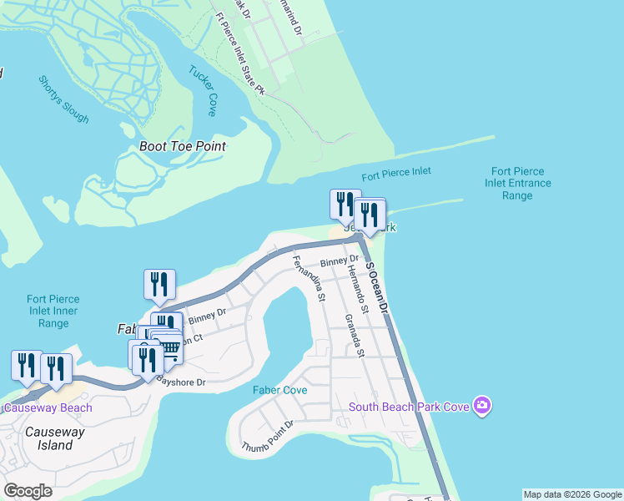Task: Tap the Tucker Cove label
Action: (x=203, y=89)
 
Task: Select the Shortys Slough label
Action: (x=63, y=99)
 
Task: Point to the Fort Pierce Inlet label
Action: (x=396, y=175)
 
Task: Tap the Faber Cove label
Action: (x=280, y=390)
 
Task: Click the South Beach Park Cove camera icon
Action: (x=481, y=407)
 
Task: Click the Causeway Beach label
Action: (x=48, y=408)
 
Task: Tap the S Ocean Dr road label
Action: (x=378, y=286)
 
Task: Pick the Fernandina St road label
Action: (x=308, y=278)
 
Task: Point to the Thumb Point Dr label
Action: (x=267, y=435)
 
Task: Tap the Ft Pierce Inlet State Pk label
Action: (x=239, y=53)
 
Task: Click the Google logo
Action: (x=28, y=491)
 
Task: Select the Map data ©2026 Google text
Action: (x=572, y=494)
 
